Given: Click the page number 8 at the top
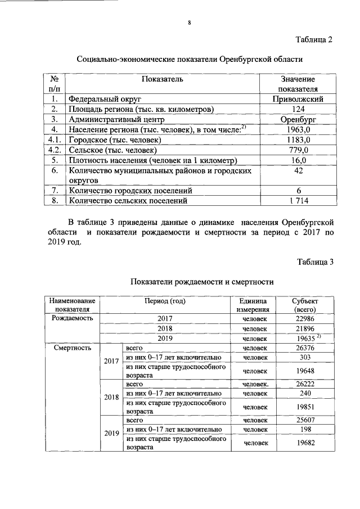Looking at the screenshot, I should tap(190, 22).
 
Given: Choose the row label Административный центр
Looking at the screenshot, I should tap(115, 119).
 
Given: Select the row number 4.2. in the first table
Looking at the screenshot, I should tap(55, 150).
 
